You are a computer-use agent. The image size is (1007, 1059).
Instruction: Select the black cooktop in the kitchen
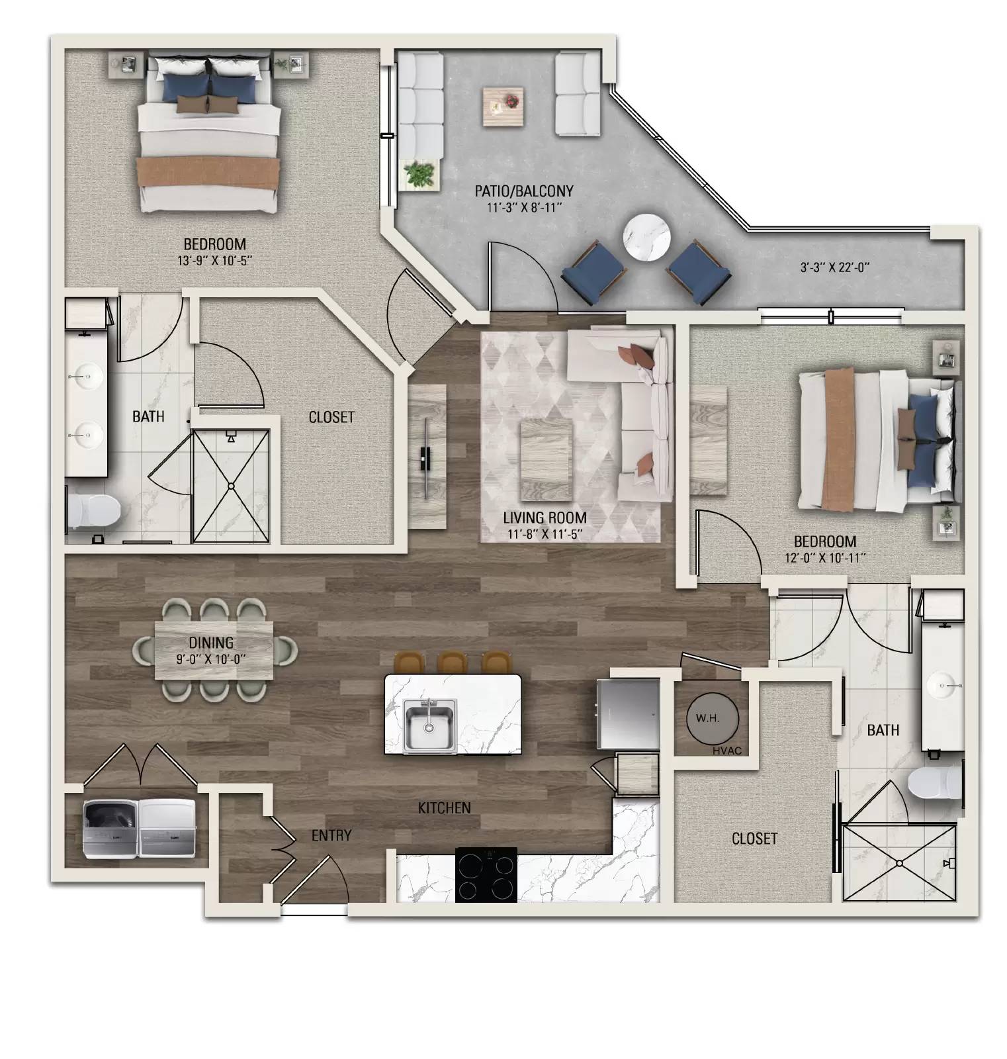(486, 874)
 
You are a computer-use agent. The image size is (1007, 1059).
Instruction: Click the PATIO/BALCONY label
(523, 191)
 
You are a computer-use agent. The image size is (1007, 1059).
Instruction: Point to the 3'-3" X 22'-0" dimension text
(834, 268)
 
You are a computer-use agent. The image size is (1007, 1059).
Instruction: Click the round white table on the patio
(646, 238)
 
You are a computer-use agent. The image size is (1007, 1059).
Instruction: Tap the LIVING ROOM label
(544, 518)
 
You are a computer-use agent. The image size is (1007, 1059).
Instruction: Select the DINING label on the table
(211, 643)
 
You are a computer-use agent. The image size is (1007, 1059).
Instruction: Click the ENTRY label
(331, 836)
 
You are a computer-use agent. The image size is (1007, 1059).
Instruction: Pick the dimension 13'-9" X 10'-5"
(215, 261)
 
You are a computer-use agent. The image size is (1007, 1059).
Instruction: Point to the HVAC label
(727, 750)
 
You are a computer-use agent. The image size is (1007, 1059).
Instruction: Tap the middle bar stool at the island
(453, 663)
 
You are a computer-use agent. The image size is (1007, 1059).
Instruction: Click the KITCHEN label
(444, 808)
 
